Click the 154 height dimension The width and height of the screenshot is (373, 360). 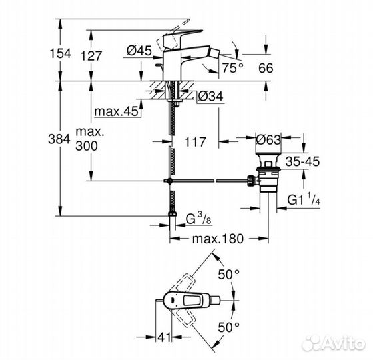point(61,53)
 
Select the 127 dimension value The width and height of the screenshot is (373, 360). point(91,56)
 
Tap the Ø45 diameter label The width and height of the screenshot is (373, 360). point(139,51)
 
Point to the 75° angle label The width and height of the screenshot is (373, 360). point(233,68)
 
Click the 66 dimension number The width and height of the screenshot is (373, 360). point(266,68)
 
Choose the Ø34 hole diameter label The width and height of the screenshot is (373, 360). point(210,97)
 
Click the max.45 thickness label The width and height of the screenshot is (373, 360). point(116,111)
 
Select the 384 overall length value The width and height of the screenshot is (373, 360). point(59,139)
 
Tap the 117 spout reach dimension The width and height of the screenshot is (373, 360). point(195,142)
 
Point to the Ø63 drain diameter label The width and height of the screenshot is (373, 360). point(268,140)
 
